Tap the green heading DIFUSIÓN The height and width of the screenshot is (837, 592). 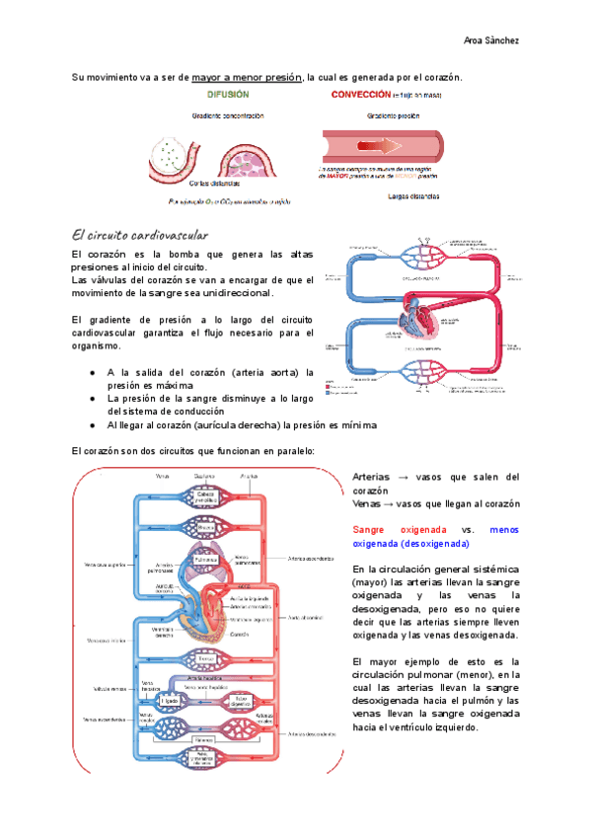228,95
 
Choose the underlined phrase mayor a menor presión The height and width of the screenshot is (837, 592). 247,76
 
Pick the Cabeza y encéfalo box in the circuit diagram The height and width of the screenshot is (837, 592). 204,498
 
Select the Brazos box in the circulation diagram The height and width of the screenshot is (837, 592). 204,528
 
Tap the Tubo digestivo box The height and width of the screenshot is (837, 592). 240,699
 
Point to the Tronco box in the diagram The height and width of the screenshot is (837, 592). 204,659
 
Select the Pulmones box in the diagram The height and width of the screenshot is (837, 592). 204,560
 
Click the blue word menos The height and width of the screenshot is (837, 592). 503,529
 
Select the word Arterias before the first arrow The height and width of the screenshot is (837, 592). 373,477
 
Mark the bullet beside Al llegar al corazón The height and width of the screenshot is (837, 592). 92,425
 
